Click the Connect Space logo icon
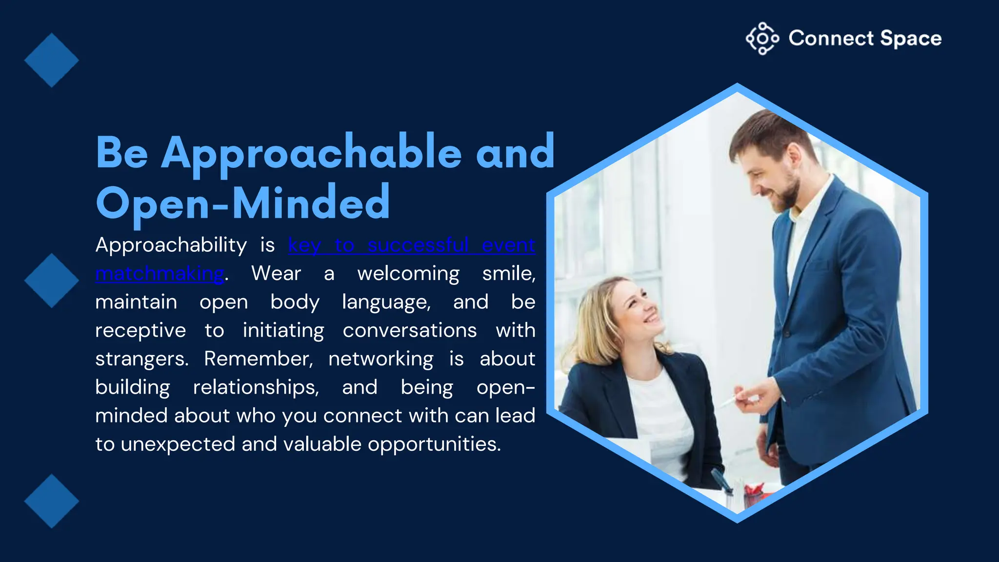762,39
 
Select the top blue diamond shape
51,60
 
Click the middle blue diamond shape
51,281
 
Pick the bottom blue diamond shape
51,501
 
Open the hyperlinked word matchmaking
160,274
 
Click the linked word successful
418,245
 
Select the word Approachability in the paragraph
171,245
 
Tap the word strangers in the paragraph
141,359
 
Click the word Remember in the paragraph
258,359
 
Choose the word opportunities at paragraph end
434,444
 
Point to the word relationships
256,387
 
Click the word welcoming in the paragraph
408,274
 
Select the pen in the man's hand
727,401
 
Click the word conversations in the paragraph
409,331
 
